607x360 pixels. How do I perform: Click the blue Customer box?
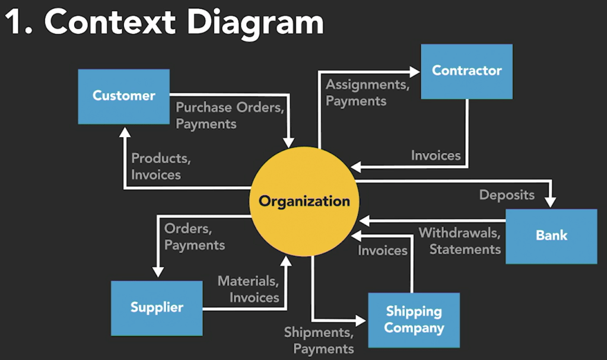123,96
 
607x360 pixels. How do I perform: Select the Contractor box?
466,71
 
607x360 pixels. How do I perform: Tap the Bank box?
551,235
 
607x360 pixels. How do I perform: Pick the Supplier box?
157,308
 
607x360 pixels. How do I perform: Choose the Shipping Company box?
414,320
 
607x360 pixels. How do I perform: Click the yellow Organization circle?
304,201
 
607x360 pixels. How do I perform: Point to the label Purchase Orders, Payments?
230,116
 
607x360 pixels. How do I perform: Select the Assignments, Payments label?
367,93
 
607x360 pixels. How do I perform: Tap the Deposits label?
507,195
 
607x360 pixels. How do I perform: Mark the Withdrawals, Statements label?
460,241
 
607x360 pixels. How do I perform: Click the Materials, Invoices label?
248,289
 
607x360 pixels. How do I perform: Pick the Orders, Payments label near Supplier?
194,237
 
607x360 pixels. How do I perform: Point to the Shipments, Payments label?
319,340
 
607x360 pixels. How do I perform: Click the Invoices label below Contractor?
436,155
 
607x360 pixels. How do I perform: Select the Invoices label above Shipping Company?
382,250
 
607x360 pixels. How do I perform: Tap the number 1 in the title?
15,24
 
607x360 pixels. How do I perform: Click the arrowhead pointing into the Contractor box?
415,72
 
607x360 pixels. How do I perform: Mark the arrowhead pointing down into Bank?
551,202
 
